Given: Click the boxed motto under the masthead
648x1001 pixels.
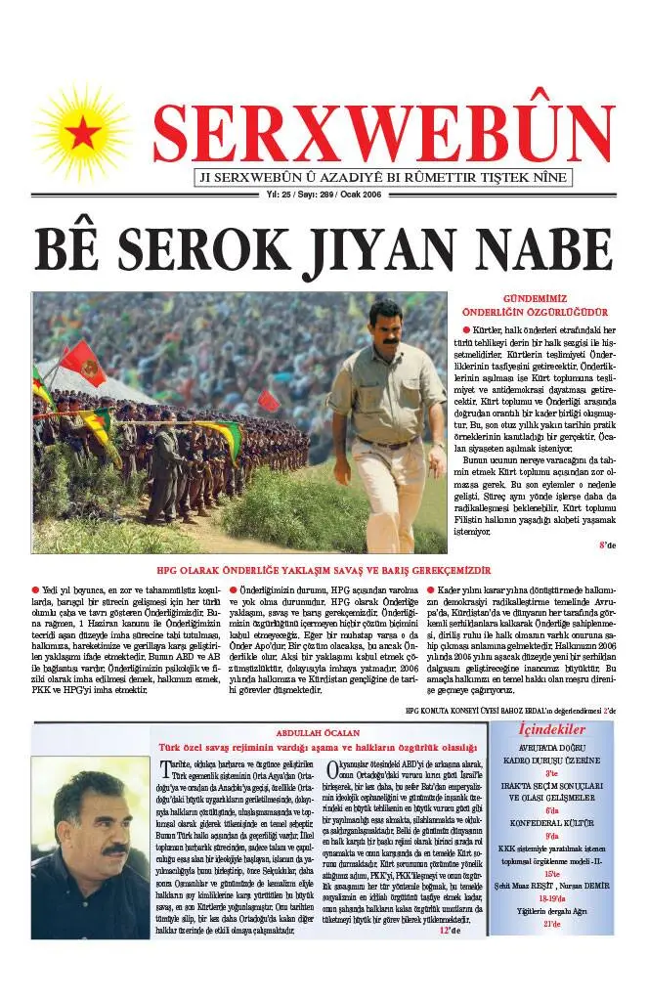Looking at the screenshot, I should pos(384,178).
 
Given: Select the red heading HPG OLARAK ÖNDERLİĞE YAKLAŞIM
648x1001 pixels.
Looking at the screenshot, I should pos(324,570).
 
